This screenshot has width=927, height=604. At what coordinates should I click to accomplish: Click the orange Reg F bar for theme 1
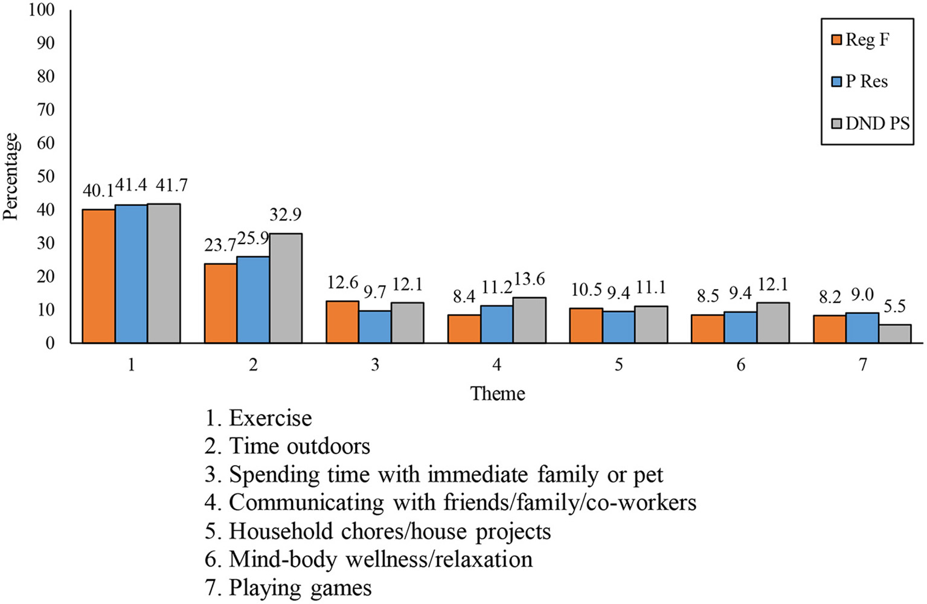pyautogui.click(x=98, y=276)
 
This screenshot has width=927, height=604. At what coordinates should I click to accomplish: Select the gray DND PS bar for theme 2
pyautogui.click(x=286, y=288)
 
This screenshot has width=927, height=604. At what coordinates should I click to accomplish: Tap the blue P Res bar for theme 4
pyautogui.click(x=497, y=324)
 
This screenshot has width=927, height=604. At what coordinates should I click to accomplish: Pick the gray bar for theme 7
pyautogui.click(x=894, y=333)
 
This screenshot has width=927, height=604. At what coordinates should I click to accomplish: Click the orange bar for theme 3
pyautogui.click(x=342, y=322)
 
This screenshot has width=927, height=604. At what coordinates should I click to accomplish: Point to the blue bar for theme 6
pyautogui.click(x=740, y=327)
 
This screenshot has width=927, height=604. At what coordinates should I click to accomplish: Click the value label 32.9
pyautogui.click(x=285, y=215)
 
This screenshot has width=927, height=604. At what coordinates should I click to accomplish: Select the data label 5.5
pyautogui.click(x=894, y=307)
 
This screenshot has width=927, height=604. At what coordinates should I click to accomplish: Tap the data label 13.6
pyautogui.click(x=529, y=280)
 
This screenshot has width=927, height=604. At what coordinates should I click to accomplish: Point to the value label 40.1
pyautogui.click(x=98, y=191)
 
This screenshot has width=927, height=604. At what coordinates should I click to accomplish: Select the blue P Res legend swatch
pyautogui.click(x=836, y=82)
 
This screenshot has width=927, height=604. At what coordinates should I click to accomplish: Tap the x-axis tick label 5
pyautogui.click(x=618, y=365)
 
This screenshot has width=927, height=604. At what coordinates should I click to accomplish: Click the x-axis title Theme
pyautogui.click(x=498, y=394)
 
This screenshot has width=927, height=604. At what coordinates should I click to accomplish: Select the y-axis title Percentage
pyautogui.click(x=11, y=176)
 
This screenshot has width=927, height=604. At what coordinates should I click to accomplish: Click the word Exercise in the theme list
pyautogui.click(x=271, y=418)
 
